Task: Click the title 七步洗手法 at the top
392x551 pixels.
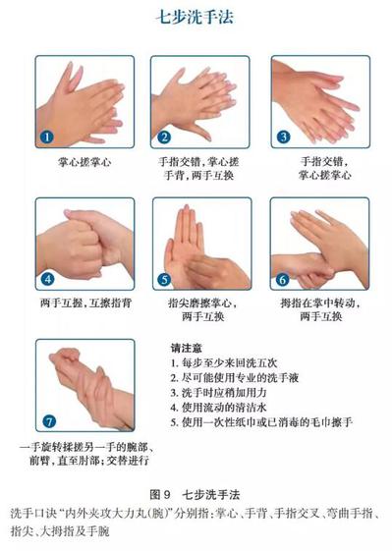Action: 195,17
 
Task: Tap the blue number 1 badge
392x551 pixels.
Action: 47,137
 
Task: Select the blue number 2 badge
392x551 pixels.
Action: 163,137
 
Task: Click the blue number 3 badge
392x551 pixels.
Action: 283,137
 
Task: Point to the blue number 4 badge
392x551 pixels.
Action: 48,279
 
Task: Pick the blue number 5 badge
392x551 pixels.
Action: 164,280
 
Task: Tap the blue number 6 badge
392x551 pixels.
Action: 282,280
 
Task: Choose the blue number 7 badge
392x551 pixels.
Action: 49,421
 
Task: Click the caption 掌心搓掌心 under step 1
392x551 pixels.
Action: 84,162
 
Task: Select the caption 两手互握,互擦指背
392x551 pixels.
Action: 85,303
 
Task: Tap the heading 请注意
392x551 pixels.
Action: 187,348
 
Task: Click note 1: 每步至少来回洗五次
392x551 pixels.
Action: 224,362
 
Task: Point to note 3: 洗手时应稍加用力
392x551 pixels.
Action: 219,393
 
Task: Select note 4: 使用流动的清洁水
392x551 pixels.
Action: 219,408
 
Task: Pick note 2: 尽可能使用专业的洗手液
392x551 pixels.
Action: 235,378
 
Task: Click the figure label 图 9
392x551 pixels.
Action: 160,495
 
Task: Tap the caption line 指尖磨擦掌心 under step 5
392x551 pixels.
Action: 202,303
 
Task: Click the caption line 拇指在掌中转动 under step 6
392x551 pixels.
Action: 320,303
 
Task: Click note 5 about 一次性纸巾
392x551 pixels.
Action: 261,422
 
